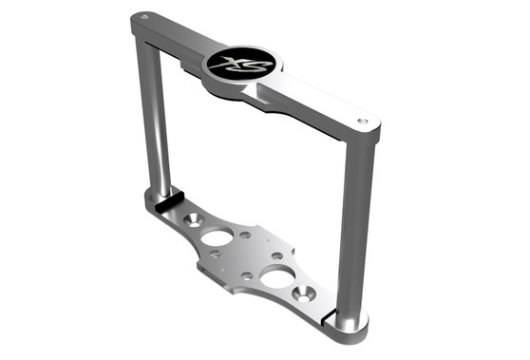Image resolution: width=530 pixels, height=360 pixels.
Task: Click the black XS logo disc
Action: coord(240,65)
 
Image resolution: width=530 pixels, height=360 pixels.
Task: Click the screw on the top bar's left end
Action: coord(142,16)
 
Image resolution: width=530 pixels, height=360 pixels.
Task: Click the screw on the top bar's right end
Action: coord(362,121)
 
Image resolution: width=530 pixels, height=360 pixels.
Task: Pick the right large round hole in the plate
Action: coord(276,276)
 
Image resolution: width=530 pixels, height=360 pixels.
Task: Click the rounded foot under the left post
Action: coord(152,201)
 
